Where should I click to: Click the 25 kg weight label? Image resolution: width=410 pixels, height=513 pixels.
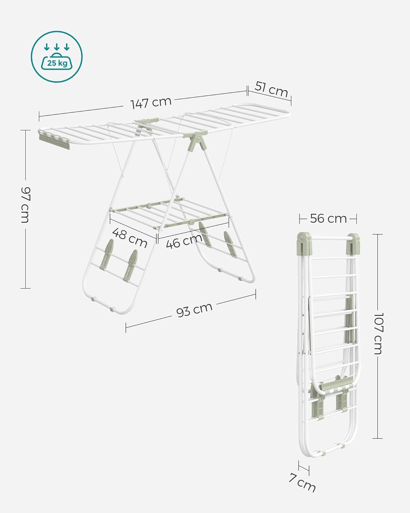(x=57, y=63)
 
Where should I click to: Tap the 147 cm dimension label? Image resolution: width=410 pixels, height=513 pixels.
(x=151, y=103)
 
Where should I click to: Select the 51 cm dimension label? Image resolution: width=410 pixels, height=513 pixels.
(x=271, y=89)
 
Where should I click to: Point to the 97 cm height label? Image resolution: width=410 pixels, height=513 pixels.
(x=26, y=205)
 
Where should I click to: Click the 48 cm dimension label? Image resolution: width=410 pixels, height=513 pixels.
(x=130, y=238)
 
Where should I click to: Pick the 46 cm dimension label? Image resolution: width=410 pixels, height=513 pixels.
(x=184, y=241)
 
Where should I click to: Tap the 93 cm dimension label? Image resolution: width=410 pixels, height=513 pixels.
(x=194, y=310)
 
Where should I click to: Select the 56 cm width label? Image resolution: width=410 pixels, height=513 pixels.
(x=328, y=219)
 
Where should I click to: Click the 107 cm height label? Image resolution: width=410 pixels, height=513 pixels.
(x=378, y=333)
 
